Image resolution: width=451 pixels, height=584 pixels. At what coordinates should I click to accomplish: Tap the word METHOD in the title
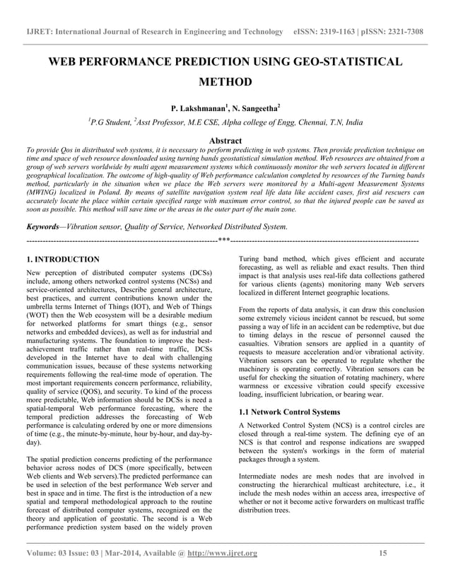point(225,83)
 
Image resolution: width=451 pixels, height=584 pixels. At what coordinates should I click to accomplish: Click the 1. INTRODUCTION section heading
point(62,259)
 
